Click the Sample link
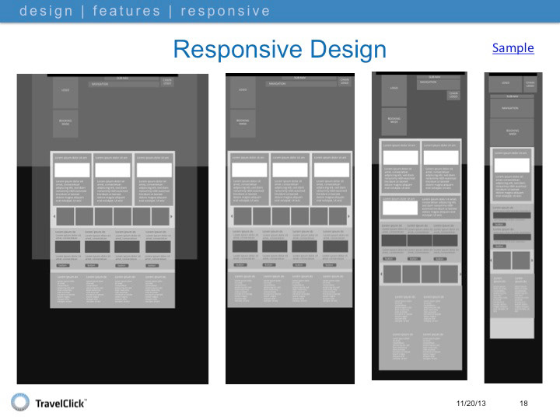tap(513, 48)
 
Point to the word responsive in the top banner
tap(226, 11)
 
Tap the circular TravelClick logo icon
tap(20, 401)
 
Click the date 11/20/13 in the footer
tap(472, 402)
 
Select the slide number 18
tap(523, 402)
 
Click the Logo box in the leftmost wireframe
tap(65, 92)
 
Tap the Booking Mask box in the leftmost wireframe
tap(65, 123)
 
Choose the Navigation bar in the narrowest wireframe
tap(510, 108)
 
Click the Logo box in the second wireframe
tap(243, 92)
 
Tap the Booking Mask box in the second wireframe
tap(243, 122)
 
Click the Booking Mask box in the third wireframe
tap(394, 120)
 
